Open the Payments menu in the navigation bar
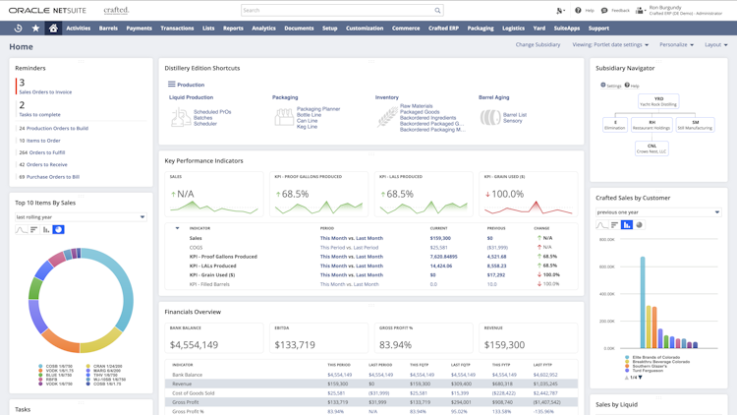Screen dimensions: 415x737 click(139, 29)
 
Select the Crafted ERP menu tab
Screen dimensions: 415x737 click(443, 29)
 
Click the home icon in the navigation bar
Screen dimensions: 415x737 click(53, 29)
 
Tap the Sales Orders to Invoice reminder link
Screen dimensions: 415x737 click(45, 91)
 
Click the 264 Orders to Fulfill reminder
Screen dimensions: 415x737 click(42, 152)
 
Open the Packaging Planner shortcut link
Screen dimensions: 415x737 click(318, 109)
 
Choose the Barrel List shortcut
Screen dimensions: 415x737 click(514, 114)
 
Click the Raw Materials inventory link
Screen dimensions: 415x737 click(417, 106)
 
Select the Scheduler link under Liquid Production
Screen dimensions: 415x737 click(205, 124)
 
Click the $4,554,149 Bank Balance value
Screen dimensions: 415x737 click(194, 345)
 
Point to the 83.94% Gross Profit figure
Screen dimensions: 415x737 click(396, 345)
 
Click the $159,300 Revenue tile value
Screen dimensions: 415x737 click(504, 345)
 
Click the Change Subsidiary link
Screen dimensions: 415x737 click(538, 45)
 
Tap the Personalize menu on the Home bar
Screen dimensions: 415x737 click(676, 45)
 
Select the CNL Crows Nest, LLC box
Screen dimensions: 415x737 click(652, 148)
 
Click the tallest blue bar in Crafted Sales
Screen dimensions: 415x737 click(644, 303)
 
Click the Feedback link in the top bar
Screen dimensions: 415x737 click(616, 11)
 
